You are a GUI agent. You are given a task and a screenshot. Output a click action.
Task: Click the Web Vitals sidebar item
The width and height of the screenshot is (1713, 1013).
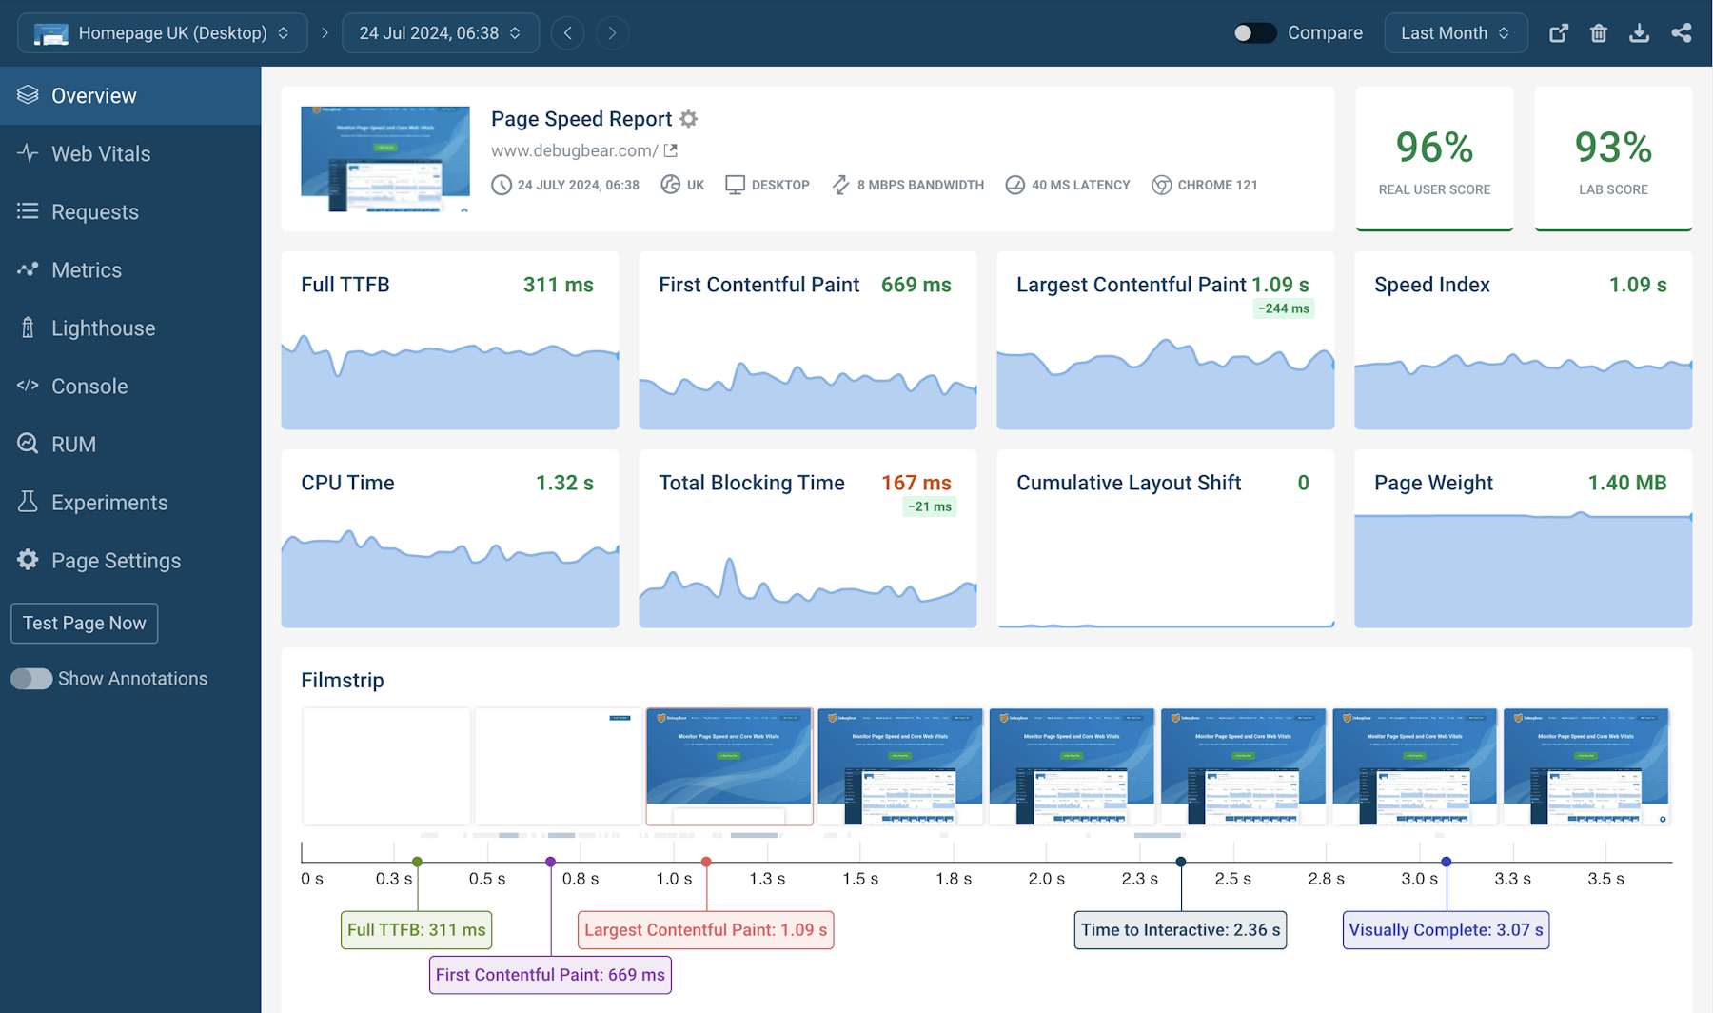point(100,154)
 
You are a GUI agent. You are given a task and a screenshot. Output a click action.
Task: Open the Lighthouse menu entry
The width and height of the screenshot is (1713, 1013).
point(103,328)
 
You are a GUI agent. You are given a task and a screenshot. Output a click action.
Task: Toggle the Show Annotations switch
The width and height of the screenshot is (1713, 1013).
point(31,679)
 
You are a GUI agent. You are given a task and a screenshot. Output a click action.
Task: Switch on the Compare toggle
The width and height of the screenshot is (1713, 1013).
point(1254,33)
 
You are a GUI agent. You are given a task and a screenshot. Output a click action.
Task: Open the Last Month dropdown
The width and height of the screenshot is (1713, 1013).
point(1454,33)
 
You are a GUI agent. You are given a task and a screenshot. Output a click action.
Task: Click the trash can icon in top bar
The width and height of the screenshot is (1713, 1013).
point(1599,33)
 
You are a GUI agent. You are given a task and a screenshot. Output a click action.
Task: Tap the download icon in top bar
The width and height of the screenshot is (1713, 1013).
point(1639,33)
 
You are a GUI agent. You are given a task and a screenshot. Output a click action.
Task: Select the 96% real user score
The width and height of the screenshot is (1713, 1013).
point(1434,148)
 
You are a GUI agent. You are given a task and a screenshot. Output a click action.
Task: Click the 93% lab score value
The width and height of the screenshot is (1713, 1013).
point(1613,148)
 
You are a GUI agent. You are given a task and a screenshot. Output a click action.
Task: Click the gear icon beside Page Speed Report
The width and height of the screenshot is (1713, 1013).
point(689,119)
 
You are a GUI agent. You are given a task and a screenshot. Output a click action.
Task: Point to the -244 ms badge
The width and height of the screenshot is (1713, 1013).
point(1283,308)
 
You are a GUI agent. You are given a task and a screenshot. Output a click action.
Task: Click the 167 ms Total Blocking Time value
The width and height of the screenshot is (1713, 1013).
point(916,483)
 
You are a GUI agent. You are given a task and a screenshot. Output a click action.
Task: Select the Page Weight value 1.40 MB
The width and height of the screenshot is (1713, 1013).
point(1626,483)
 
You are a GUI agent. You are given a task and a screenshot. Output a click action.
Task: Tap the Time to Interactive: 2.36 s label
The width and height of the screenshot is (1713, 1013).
point(1180,930)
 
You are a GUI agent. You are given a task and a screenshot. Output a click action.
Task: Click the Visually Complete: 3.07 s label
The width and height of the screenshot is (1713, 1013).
point(1446,930)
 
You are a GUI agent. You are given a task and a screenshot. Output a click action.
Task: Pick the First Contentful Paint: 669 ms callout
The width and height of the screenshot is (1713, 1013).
point(550,975)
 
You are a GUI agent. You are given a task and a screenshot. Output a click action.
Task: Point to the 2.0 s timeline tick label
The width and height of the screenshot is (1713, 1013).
point(1046,879)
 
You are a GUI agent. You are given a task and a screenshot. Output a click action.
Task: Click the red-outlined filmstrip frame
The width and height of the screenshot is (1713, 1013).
point(729,766)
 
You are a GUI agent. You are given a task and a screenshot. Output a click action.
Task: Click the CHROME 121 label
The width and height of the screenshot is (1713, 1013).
point(1216,185)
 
